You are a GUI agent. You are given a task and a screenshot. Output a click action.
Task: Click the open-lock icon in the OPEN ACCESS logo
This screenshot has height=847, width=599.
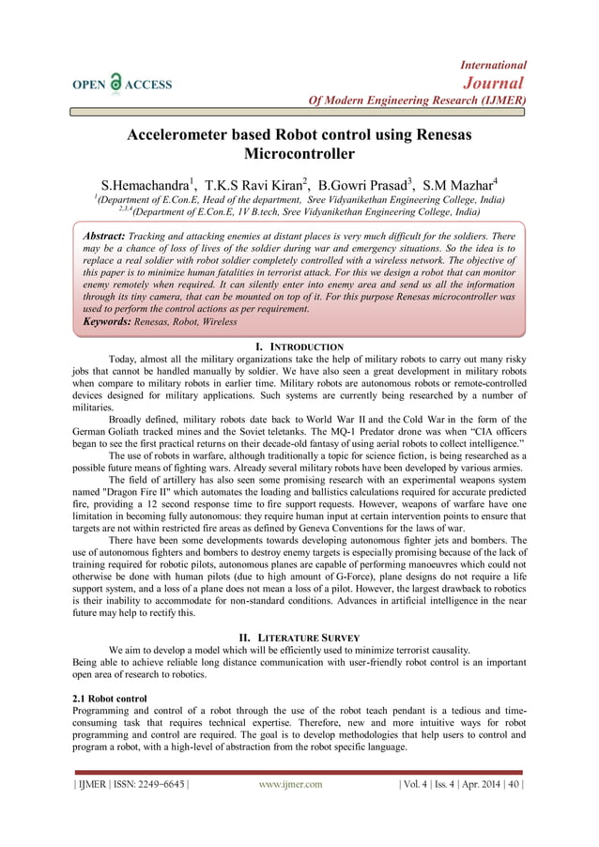(x=115, y=83)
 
